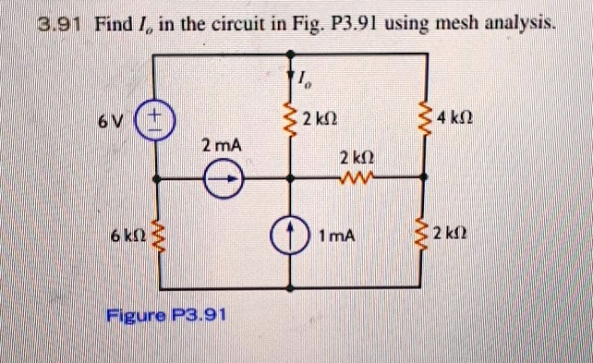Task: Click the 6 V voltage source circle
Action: point(152,122)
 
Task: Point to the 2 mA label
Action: point(219,146)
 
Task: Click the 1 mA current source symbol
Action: point(290,236)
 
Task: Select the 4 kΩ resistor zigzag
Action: point(425,120)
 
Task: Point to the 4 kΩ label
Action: point(460,120)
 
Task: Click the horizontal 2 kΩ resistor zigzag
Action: point(357,177)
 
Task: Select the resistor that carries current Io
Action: point(290,120)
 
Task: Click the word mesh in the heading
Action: point(424,21)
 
